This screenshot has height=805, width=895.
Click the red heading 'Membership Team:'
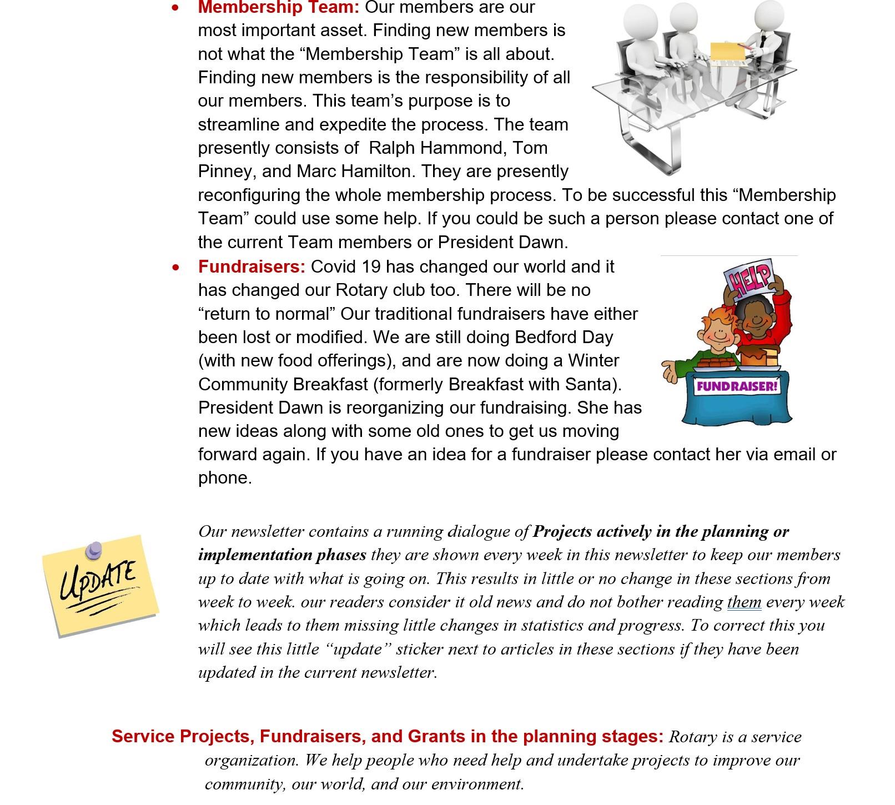[x=279, y=8]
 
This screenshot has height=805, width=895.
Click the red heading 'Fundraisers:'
[x=252, y=267]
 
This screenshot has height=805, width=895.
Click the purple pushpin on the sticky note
[x=94, y=550]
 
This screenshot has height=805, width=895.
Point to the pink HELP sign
[x=748, y=278]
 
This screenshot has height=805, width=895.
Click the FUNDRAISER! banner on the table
[x=737, y=386]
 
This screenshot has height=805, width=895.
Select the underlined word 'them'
[x=743, y=602]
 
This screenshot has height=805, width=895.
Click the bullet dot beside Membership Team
[x=176, y=8]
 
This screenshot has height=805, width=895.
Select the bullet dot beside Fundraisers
[x=176, y=268]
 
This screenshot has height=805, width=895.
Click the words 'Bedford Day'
[x=564, y=338]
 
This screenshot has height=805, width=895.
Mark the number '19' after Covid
[x=370, y=267]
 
